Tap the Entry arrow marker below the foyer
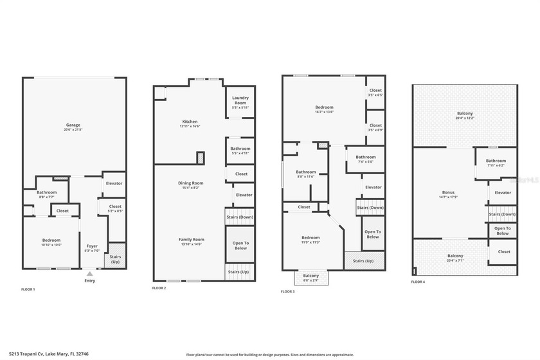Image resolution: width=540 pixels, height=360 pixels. [x=89, y=274]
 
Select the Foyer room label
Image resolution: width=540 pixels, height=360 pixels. [x=92, y=248]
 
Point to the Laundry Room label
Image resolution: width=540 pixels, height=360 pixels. [x=240, y=103]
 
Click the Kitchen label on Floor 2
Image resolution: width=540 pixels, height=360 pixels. [x=190, y=123]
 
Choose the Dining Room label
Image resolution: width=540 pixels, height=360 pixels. [x=190, y=185]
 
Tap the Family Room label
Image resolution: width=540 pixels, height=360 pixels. [x=191, y=241]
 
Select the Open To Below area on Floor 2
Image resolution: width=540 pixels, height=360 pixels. [x=240, y=244]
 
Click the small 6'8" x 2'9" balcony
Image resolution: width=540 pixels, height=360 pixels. [x=311, y=278]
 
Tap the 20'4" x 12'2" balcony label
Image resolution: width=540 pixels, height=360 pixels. [x=464, y=115]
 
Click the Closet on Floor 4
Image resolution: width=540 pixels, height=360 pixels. [x=503, y=251]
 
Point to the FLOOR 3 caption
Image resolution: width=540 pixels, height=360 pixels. [x=288, y=292]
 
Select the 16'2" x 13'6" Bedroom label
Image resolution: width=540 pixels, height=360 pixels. [x=324, y=109]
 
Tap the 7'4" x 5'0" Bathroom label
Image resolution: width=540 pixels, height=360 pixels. [x=366, y=159]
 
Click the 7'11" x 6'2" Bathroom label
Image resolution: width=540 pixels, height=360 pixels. [x=496, y=163]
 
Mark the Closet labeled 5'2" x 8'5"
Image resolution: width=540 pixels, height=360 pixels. [x=115, y=208]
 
